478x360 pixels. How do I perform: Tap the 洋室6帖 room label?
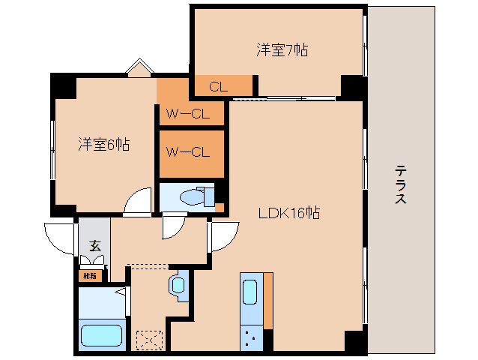(104, 145)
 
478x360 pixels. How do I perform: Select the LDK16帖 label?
(289, 213)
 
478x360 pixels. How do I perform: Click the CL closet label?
(218, 87)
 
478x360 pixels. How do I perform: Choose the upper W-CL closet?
(187, 115)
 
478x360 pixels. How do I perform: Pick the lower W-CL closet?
(187, 152)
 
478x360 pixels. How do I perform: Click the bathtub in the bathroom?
(102, 335)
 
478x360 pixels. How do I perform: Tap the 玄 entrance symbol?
(94, 244)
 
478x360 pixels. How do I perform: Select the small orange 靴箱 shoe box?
(89, 276)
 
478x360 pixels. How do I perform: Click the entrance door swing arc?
(60, 238)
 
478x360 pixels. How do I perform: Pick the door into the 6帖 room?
(139, 202)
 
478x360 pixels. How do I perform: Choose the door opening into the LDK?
(221, 237)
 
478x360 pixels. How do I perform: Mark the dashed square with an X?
(148, 340)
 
